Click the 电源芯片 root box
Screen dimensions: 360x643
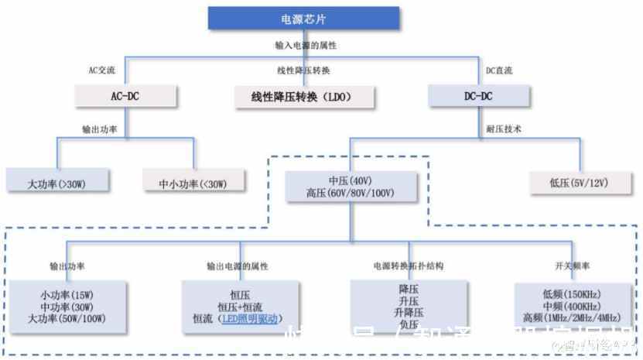(303, 18)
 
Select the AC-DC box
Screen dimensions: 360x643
(126, 96)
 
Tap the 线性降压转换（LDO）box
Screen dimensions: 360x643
(303, 97)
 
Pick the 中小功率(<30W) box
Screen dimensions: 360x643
(193, 183)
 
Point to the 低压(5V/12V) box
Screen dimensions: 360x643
(579, 183)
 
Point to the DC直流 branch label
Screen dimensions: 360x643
(499, 70)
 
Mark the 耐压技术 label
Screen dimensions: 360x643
(503, 129)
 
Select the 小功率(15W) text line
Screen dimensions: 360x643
(67, 295)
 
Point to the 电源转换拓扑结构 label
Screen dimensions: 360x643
(408, 266)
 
